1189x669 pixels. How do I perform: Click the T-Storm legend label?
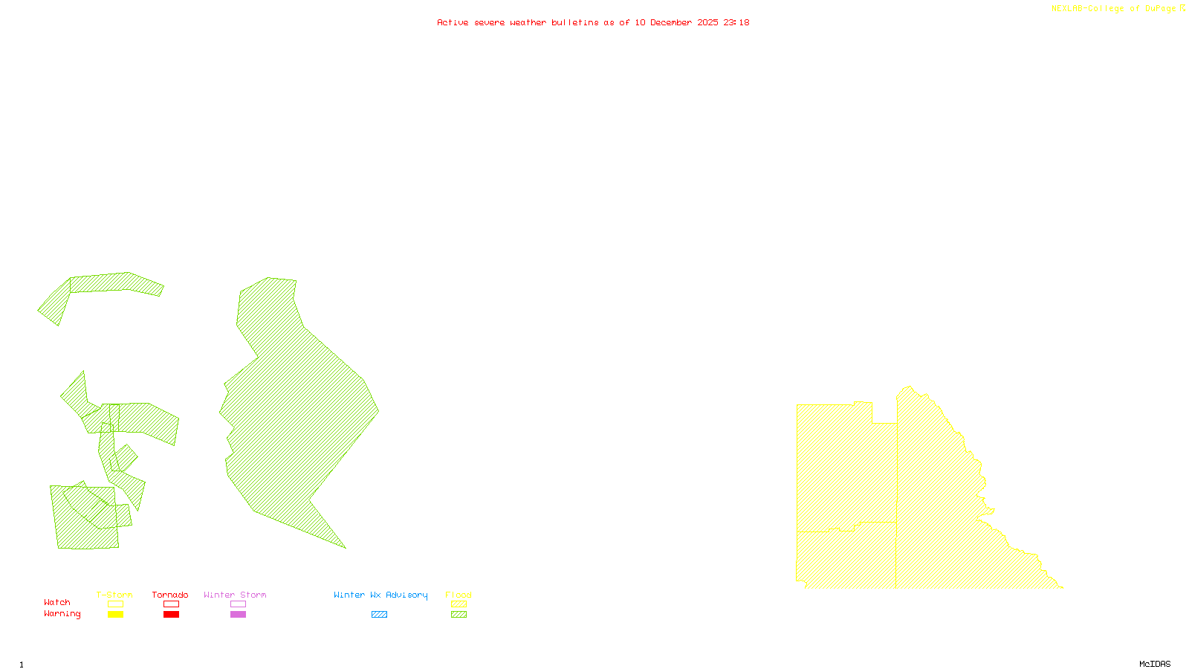[x=114, y=595]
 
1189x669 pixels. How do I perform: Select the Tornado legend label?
[x=170, y=595]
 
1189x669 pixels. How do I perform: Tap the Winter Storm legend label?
[x=235, y=595]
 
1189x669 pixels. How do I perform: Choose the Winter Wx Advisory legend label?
[x=380, y=595]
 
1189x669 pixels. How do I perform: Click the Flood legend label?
[x=459, y=595]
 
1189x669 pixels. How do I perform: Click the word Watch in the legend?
[x=57, y=602]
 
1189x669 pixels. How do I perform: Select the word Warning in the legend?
[x=62, y=614]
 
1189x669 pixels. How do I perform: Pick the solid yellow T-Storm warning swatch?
[x=115, y=615]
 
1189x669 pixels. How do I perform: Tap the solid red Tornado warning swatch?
[x=171, y=615]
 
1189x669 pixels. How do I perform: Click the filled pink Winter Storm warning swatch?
[x=238, y=615]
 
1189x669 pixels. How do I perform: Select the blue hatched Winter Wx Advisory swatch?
[x=379, y=615]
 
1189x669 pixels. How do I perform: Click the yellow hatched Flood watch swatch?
[x=459, y=604]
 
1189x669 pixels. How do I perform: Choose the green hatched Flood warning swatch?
[x=459, y=615]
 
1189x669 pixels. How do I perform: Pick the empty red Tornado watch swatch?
[x=171, y=604]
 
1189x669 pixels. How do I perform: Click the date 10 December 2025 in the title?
[x=676, y=22]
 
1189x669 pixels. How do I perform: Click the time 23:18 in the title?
[x=736, y=22]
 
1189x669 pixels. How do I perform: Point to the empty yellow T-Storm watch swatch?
[x=115, y=604]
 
